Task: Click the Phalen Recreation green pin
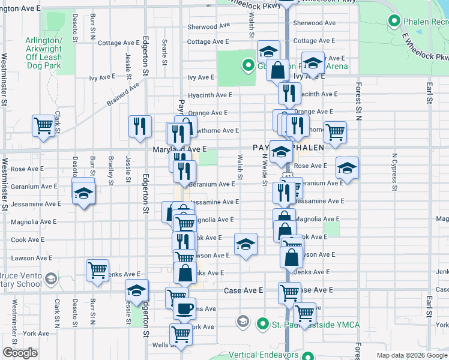coord(394,22)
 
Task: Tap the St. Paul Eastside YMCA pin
coord(262,325)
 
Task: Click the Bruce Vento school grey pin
coord(50,278)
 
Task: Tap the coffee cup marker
coord(184,309)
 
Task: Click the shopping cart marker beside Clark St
coord(44,126)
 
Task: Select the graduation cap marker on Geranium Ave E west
coord(83,193)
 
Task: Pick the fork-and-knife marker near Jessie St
coord(139,125)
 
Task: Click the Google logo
coord(20,353)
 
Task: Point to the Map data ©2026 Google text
coord(411,355)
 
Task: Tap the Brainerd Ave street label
coord(124,93)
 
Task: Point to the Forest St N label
coord(358,99)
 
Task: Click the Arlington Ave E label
coord(21,9)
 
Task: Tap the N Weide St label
coord(264,170)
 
